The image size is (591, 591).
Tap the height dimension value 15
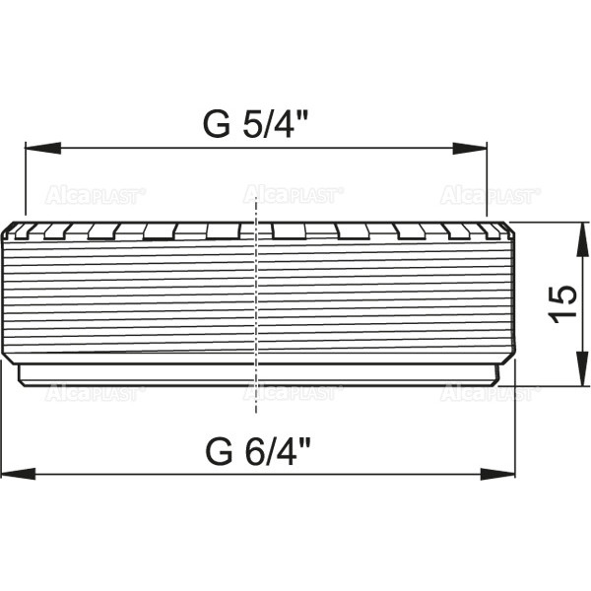pyautogui.click(x=560, y=304)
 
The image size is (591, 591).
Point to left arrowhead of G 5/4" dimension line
pyautogui.click(x=35, y=150)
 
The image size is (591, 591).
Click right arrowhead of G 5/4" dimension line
pyautogui.click(x=477, y=150)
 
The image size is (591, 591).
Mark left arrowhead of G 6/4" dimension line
pyautogui.click(x=12, y=475)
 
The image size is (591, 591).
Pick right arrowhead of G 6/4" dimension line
pyautogui.click(x=503, y=475)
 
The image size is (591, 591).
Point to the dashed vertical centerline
pyautogui.click(x=256, y=295)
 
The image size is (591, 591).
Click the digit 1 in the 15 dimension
pyautogui.click(x=560, y=317)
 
